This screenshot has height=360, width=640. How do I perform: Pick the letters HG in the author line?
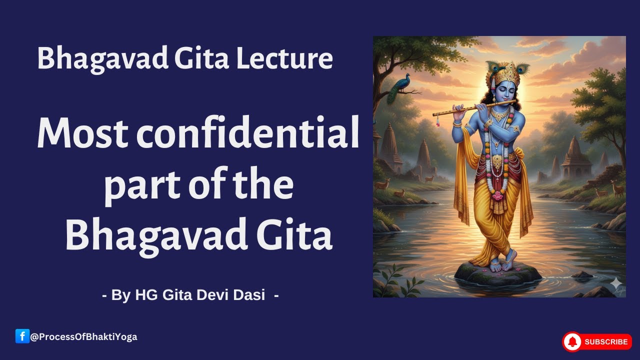145,295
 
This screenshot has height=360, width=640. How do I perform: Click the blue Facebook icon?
22,336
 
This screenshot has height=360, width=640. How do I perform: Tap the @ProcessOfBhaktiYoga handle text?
83,337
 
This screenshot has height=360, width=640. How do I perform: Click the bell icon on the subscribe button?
572,342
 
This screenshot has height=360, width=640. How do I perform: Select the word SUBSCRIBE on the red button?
605,342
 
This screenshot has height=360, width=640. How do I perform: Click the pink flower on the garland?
498,195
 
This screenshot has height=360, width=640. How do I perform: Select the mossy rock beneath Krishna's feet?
497,274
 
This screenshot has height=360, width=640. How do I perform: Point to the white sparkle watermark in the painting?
615,283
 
